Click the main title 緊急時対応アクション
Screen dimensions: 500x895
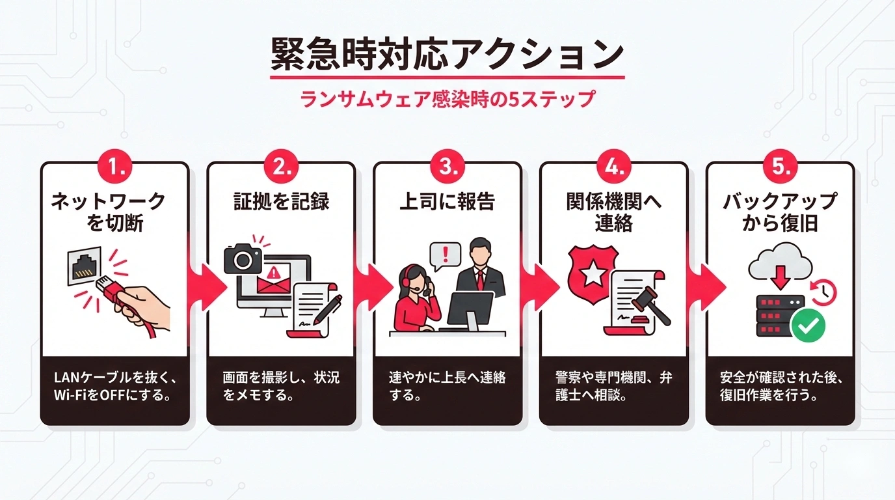point(447,55)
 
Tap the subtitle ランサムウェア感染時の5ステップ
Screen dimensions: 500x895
point(447,100)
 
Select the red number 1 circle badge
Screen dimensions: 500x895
point(114,167)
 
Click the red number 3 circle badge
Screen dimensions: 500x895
point(447,167)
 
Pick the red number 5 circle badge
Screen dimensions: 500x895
point(780,167)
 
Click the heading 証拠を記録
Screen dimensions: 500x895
point(281,201)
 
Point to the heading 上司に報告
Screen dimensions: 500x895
point(447,201)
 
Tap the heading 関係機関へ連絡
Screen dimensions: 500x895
point(613,212)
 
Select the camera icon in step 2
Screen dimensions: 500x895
point(243,258)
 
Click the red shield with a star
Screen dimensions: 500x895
point(592,274)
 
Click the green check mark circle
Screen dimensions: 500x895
point(808,325)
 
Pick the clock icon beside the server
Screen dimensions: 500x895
point(824,291)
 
